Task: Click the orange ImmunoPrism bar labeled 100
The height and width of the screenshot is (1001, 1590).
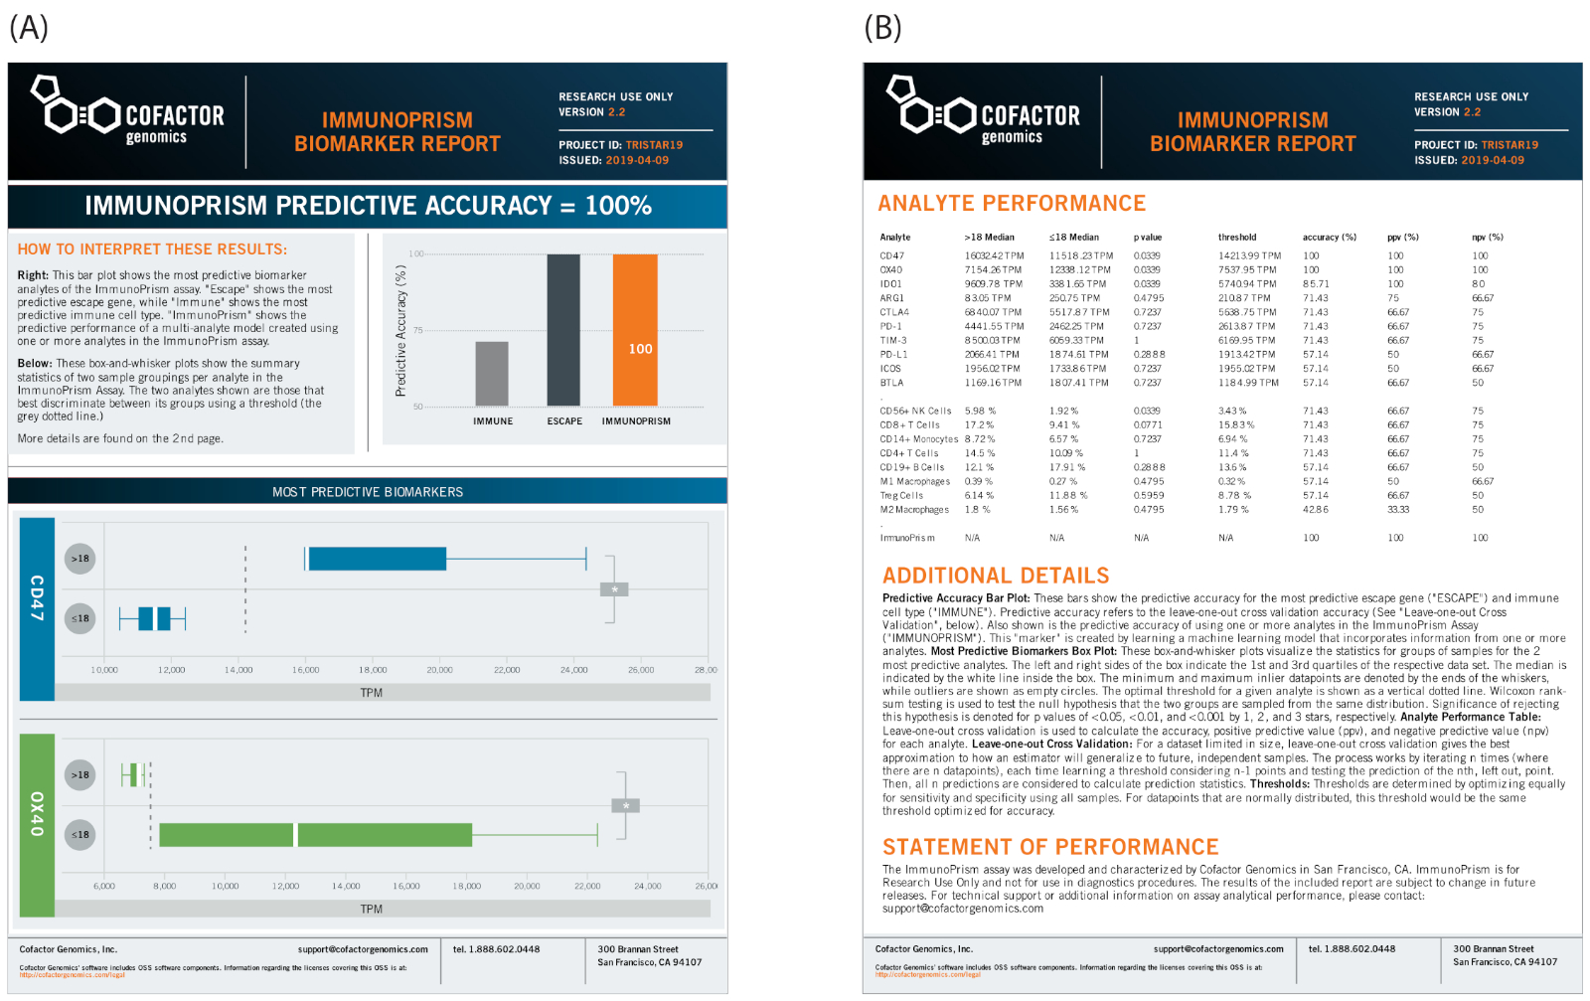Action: (x=635, y=330)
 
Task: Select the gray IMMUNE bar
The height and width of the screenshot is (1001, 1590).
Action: (x=491, y=374)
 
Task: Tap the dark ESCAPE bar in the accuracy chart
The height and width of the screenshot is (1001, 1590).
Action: (x=563, y=330)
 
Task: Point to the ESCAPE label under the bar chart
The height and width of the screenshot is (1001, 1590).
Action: (x=564, y=421)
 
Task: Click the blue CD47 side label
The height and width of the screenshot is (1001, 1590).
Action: (x=37, y=596)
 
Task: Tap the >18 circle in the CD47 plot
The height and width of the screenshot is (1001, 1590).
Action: (x=80, y=559)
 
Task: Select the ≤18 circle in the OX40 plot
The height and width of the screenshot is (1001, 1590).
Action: (x=80, y=835)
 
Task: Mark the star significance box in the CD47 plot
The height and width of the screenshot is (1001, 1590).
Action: (x=614, y=589)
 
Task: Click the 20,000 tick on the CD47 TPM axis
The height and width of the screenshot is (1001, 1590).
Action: (x=439, y=670)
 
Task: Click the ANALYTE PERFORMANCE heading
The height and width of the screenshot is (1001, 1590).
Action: (x=1012, y=204)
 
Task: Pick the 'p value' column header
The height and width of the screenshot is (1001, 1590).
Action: (x=1148, y=238)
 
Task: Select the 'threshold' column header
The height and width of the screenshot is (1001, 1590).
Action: (x=1237, y=238)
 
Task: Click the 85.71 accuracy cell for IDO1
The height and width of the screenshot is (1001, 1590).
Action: (x=1316, y=284)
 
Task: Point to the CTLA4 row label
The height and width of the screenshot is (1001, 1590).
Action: (x=894, y=312)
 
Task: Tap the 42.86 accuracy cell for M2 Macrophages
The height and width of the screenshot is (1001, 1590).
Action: (x=1316, y=510)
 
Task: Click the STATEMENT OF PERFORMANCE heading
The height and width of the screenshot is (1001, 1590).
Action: (x=1050, y=847)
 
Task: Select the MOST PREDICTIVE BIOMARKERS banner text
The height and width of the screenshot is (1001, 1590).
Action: (x=368, y=492)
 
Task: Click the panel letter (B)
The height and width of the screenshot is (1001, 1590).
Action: (x=882, y=28)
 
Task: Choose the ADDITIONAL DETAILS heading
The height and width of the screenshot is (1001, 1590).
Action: (x=996, y=576)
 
